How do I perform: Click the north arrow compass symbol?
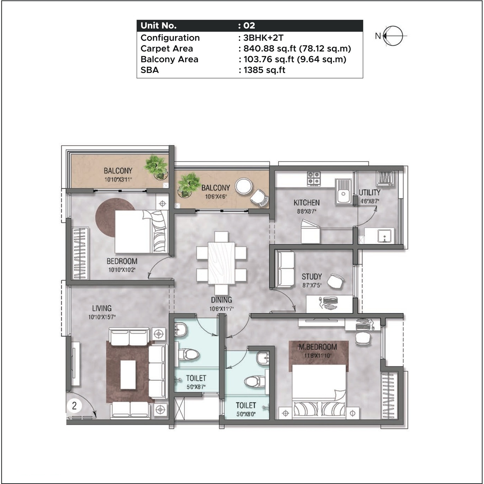click(393, 36)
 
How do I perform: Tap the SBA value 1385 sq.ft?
click(264, 70)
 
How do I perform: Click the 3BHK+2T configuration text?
click(263, 38)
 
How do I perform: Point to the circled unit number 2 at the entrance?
click(74, 406)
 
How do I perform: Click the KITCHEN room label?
click(306, 203)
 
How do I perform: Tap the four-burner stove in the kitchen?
click(314, 179)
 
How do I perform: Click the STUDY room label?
click(312, 277)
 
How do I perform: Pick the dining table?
click(221, 263)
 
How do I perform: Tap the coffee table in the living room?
click(128, 375)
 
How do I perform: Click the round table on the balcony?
click(243, 186)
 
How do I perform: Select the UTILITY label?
click(370, 193)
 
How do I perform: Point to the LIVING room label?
click(102, 308)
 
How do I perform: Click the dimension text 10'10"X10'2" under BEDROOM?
click(122, 270)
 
